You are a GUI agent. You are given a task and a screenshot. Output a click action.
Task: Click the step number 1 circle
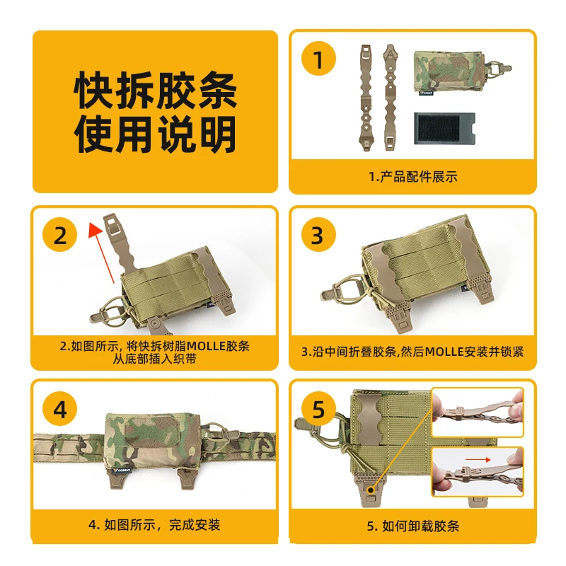318,59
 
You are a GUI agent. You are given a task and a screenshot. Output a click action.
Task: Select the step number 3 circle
318,235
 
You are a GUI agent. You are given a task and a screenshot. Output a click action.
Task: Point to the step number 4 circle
60,409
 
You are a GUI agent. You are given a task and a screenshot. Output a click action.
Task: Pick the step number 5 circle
318,409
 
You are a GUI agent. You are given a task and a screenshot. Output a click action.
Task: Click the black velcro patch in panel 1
444,129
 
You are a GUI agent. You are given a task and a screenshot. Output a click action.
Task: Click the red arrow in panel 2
102,252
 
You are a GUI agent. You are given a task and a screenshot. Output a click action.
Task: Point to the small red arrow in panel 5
478,459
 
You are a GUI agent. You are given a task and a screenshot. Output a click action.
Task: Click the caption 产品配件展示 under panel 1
419,177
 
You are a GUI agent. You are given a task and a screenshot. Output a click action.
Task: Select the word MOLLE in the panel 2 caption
206,346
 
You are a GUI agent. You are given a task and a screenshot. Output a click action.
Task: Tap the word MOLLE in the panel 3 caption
444,352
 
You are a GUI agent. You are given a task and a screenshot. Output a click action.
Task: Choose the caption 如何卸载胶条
420,526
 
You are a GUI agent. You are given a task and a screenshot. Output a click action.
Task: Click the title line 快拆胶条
155,90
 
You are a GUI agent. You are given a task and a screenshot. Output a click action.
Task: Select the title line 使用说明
155,134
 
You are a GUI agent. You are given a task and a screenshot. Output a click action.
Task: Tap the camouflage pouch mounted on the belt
154,443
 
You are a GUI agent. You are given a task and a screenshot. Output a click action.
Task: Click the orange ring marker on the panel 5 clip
370,490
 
